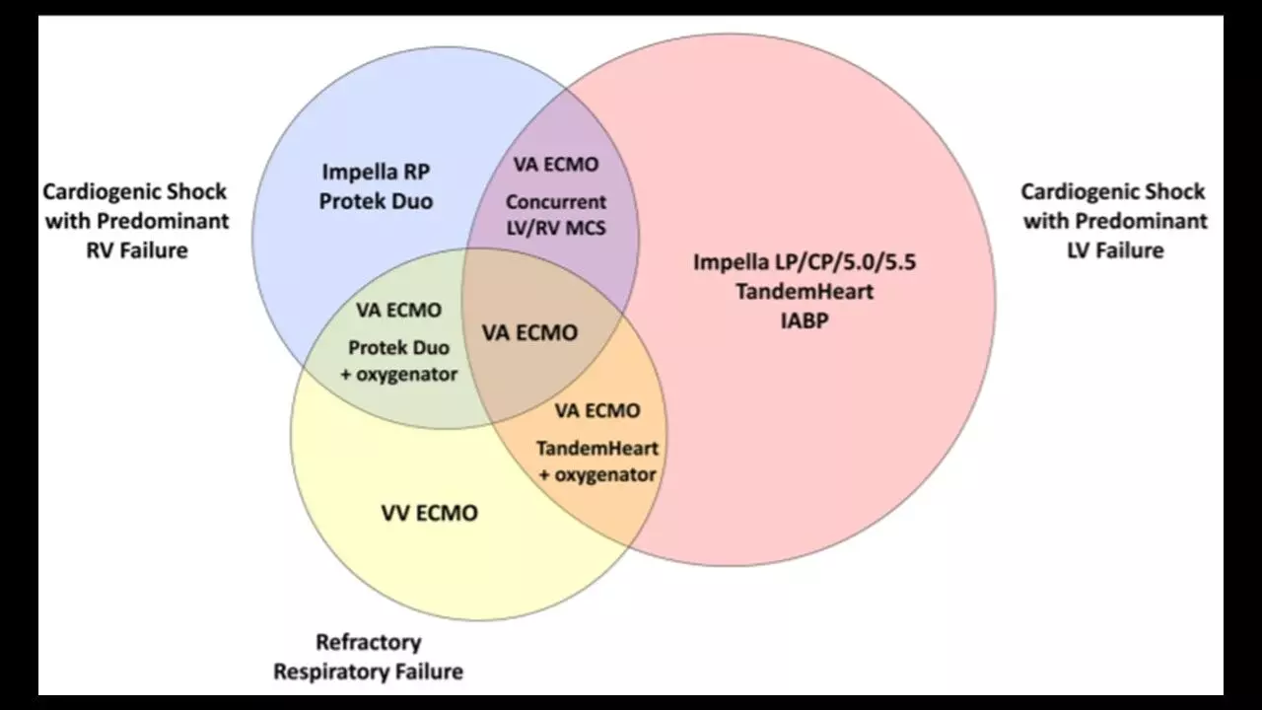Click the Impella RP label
tap(376, 173)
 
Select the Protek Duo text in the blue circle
tap(376, 201)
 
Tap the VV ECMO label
tap(429, 513)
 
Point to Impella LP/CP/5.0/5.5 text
tap(810, 263)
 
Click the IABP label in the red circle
tap(809, 320)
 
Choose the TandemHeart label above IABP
tap(810, 292)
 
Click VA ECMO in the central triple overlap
tap(529, 332)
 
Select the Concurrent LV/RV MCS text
tap(556, 215)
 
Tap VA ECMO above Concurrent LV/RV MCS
tap(556, 164)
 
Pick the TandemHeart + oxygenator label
tap(596, 461)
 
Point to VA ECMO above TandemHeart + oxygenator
tap(596, 410)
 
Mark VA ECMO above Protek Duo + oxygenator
tap(398, 310)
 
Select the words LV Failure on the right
tap(1115, 249)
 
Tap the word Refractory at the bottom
tap(368, 643)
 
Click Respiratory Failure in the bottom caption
tap(368, 673)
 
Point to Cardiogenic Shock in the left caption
tap(135, 191)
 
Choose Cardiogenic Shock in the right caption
tap(1113, 191)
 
